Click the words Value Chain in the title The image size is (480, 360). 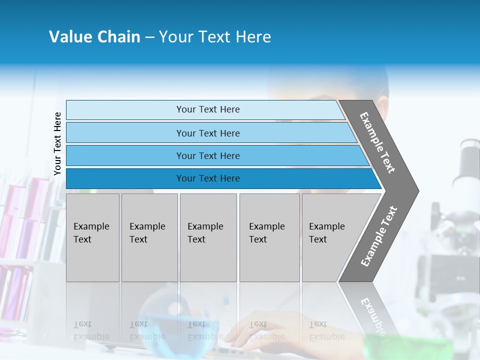(94, 37)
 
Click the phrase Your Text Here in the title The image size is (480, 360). (215, 37)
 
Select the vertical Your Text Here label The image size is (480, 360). (58, 144)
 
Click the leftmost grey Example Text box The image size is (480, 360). (92, 237)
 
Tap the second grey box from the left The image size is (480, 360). (149, 237)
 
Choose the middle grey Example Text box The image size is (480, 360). (208, 237)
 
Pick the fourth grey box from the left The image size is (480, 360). (269, 237)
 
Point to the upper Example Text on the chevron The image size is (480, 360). (377, 142)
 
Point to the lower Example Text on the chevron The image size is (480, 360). (378, 236)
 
